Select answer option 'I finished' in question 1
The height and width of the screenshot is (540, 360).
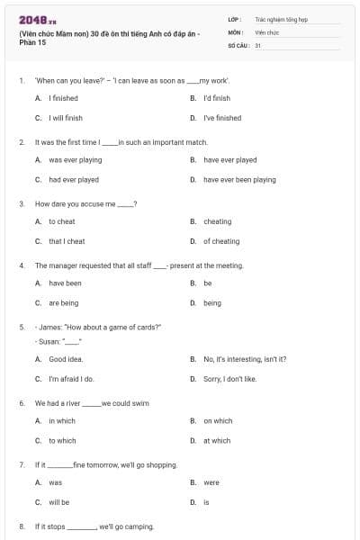(x=63, y=98)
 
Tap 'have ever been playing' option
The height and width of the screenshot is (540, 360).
(x=239, y=179)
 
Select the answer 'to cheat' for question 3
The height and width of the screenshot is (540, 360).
(x=62, y=221)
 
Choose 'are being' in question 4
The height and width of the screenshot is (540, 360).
(x=64, y=303)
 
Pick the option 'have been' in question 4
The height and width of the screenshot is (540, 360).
(x=65, y=283)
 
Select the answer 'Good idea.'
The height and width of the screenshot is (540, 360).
(x=66, y=359)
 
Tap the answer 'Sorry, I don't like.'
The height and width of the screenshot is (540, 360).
(x=229, y=379)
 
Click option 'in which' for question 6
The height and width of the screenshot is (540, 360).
(x=62, y=420)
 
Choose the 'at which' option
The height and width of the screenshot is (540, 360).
(x=217, y=440)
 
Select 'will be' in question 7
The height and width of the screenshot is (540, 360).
(x=58, y=502)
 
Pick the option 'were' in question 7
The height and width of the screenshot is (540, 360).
(x=211, y=482)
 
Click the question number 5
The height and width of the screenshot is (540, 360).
(x=21, y=327)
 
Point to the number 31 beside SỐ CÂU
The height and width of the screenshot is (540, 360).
(x=257, y=44)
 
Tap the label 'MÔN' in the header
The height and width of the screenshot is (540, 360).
(x=235, y=31)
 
